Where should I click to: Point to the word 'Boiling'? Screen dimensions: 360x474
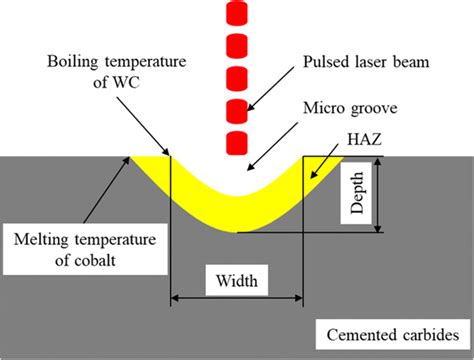pyautogui.click(x=76, y=62)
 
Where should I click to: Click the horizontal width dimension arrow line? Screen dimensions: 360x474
pyautogui.click(x=237, y=297)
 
